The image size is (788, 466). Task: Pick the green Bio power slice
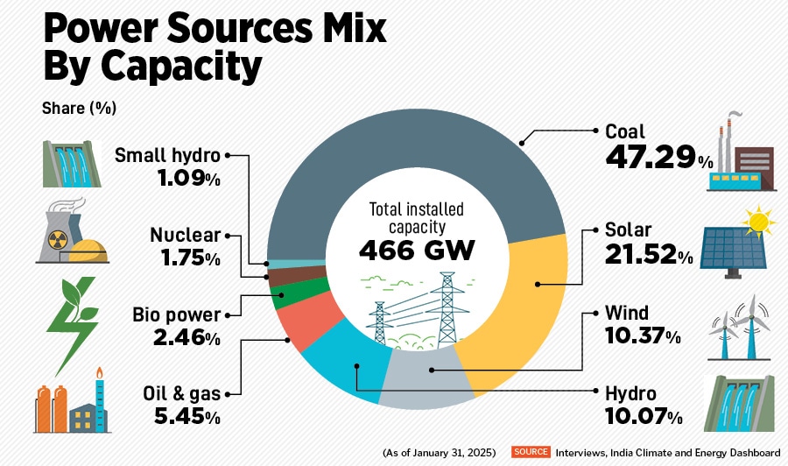pyautogui.click(x=286, y=294)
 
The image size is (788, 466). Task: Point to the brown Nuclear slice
pyautogui.click(x=281, y=278)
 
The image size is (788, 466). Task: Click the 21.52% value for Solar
pyautogui.click(x=648, y=257)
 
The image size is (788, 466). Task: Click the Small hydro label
pyautogui.click(x=168, y=156)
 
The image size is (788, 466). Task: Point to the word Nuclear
pyautogui.click(x=185, y=235)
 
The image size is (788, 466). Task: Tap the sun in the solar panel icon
pyautogui.click(x=758, y=219)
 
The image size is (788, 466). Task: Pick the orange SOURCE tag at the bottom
pyautogui.click(x=531, y=452)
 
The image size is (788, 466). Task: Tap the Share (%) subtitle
pyautogui.click(x=79, y=109)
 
